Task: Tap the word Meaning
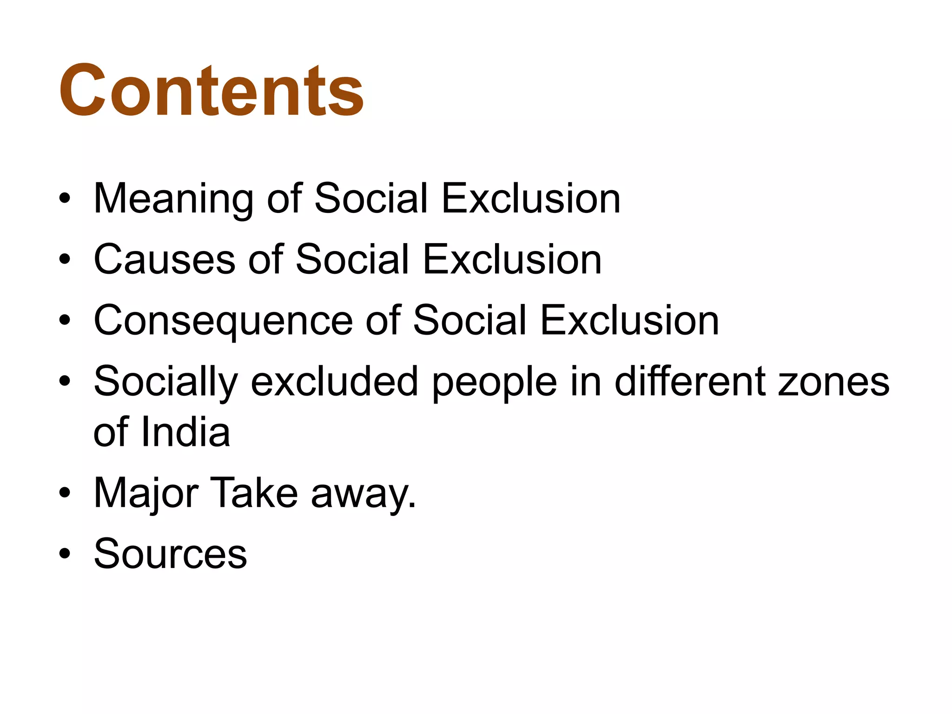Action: tap(173, 198)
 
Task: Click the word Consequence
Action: tap(223, 321)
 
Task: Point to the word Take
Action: tap(254, 493)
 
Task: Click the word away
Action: tap(363, 493)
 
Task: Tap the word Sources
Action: tap(170, 554)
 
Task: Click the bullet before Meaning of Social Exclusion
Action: tap(65, 199)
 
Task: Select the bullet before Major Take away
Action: tap(65, 493)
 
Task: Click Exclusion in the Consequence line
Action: tap(629, 321)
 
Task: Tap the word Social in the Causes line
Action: tap(352, 259)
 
